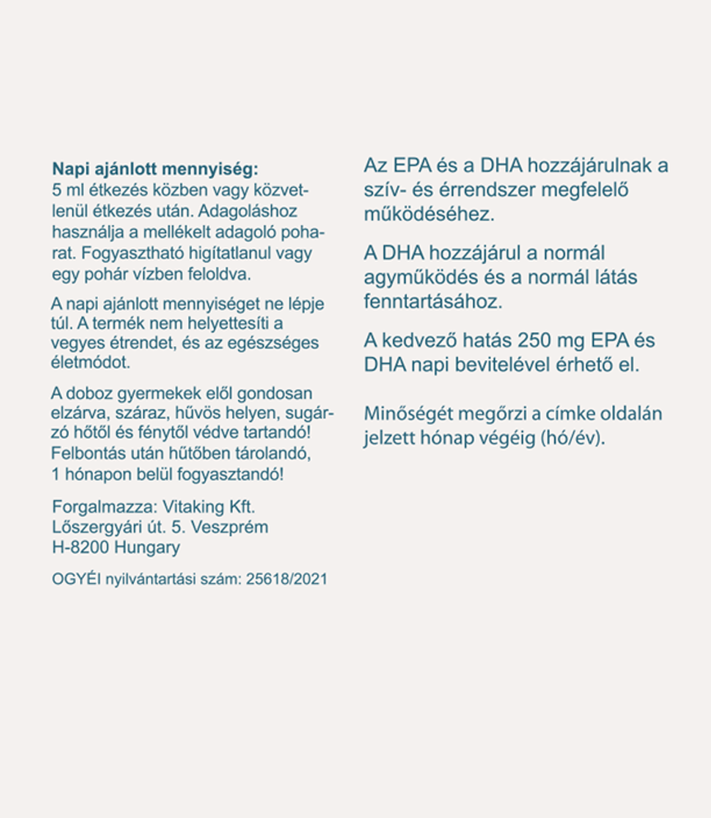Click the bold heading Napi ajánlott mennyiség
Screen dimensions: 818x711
pyautogui.click(x=154, y=169)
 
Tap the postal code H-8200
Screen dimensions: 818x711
pyautogui.click(x=79, y=547)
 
